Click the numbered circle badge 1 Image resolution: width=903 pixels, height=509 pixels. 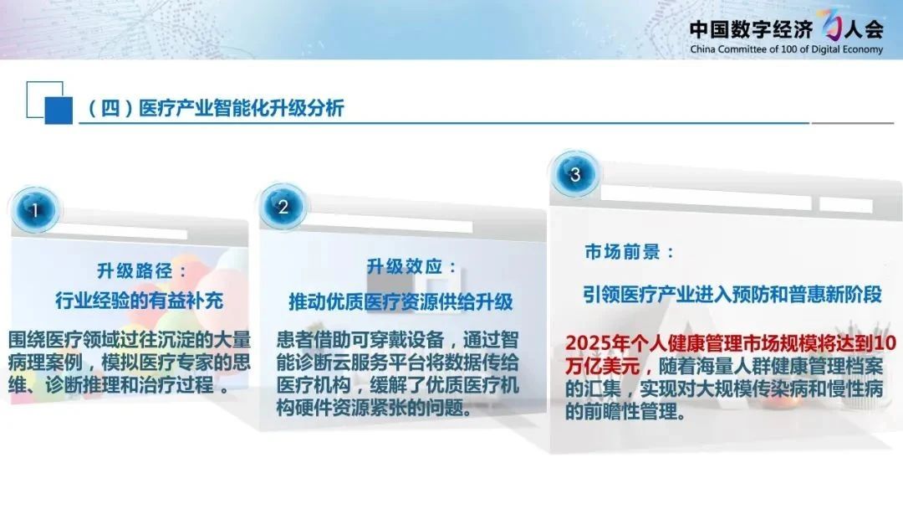(35, 210)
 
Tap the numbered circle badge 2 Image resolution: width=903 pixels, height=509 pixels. (283, 207)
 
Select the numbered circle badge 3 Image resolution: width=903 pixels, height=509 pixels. (574, 173)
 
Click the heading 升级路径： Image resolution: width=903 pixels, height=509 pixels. (141, 270)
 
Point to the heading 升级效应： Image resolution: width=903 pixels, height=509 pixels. (411, 266)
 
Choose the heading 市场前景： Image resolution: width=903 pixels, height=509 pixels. (630, 252)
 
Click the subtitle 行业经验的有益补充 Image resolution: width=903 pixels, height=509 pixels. (140, 301)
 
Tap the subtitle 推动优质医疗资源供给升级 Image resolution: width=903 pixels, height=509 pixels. (400, 301)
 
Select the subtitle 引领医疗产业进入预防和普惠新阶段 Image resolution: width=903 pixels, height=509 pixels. (732, 295)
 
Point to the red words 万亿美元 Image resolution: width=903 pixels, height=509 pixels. (602, 366)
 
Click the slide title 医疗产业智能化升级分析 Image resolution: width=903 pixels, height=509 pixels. (242, 108)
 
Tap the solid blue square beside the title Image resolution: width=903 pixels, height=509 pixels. (59, 111)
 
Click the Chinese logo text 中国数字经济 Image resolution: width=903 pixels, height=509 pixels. (751, 28)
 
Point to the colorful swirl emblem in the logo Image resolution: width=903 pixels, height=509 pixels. (831, 25)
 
